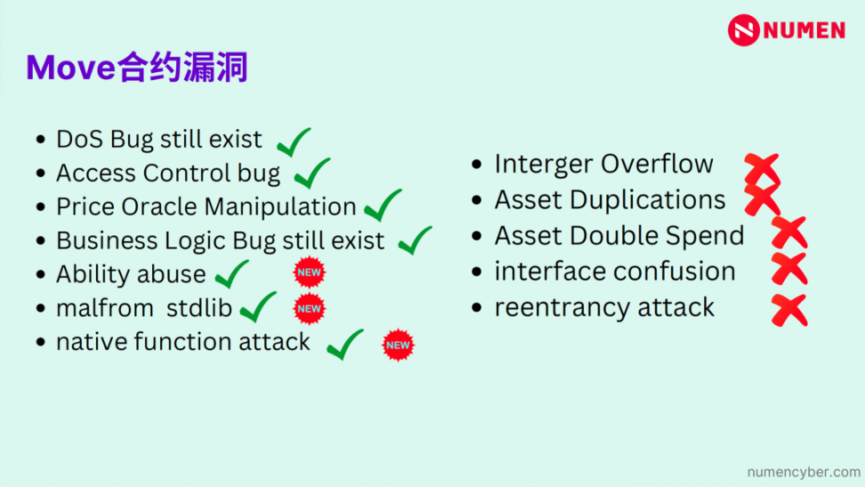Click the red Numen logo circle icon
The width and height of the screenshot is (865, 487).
click(744, 29)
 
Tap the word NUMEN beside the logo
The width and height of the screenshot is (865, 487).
click(804, 30)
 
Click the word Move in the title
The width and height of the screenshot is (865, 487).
click(70, 68)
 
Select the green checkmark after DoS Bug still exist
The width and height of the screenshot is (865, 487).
click(294, 142)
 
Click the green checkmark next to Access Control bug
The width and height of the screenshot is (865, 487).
click(311, 173)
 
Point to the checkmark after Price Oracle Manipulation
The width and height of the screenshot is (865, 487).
click(383, 205)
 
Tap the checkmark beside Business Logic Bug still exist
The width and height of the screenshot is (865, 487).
click(415, 240)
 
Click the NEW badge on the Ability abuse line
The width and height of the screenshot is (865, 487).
click(309, 272)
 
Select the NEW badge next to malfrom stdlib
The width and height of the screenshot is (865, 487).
click(309, 309)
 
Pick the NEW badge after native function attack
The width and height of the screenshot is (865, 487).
click(398, 345)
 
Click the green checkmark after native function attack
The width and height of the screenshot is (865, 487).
click(344, 344)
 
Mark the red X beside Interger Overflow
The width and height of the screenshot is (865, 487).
click(762, 169)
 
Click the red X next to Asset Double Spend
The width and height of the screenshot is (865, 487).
click(789, 232)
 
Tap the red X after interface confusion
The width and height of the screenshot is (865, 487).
click(789, 269)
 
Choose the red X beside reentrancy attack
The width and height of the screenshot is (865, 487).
click(789, 311)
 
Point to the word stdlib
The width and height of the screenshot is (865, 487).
click(199, 308)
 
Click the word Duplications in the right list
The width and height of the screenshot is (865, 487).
click(648, 199)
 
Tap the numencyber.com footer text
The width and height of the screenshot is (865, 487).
click(804, 472)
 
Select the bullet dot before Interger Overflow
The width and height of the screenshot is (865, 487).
click(477, 164)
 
